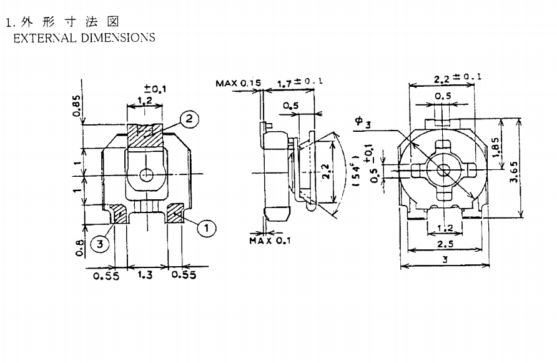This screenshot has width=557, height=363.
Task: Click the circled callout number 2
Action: (x=189, y=118)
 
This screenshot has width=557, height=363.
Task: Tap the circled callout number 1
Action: (x=207, y=227)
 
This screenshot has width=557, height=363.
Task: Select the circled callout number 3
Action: (x=100, y=244)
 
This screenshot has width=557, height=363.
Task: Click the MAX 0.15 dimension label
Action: (x=238, y=83)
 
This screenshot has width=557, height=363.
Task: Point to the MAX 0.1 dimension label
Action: (x=270, y=241)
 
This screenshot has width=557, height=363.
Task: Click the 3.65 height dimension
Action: (x=514, y=172)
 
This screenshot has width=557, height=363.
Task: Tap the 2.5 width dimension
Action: (x=445, y=244)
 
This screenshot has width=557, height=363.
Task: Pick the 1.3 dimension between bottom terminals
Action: (x=145, y=274)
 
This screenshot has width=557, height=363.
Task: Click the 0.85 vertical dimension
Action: (x=77, y=106)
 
